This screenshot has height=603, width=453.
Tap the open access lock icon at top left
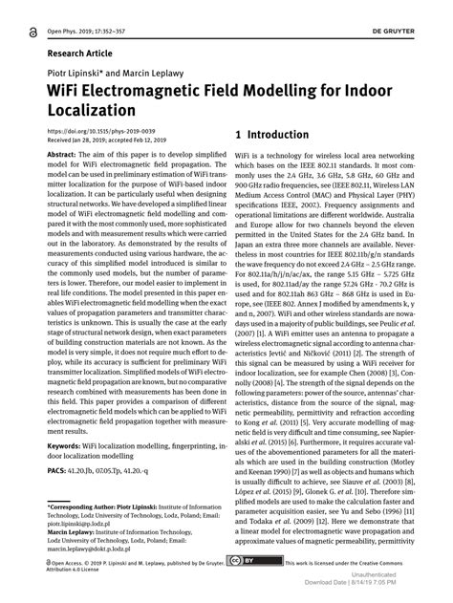click(x=37, y=32)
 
